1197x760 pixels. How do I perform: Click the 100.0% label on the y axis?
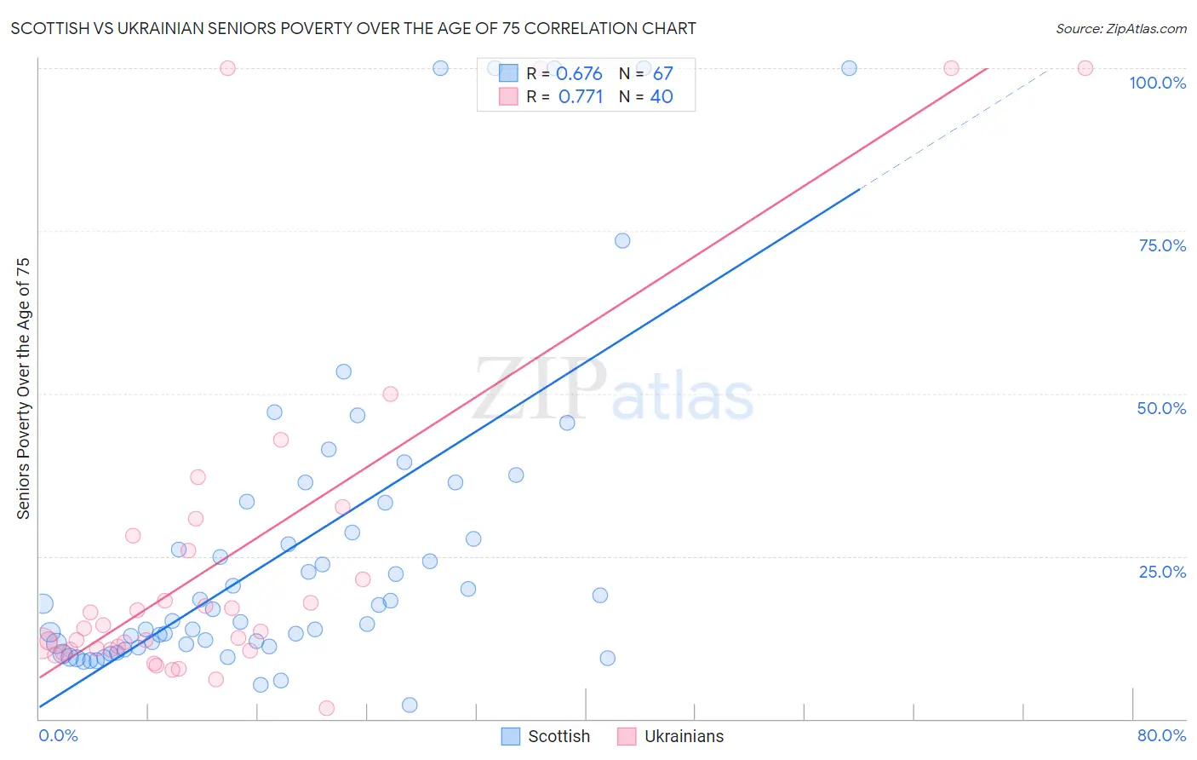pyautogui.click(x=1157, y=83)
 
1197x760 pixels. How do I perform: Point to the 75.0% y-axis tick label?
pyautogui.click(x=1161, y=245)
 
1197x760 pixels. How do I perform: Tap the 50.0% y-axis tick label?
pyautogui.click(x=1161, y=408)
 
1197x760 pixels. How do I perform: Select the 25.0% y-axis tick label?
pyautogui.click(x=1162, y=572)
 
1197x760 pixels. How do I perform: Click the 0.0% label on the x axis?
pyautogui.click(x=58, y=735)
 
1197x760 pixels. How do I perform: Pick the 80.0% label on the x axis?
pyautogui.click(x=1161, y=735)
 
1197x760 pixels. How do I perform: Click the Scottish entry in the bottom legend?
pyautogui.click(x=558, y=736)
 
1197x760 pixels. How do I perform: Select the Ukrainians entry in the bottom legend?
pyautogui.click(x=683, y=736)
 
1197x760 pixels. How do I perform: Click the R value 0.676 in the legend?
pyautogui.click(x=579, y=74)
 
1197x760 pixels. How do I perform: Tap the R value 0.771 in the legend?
pyautogui.click(x=581, y=97)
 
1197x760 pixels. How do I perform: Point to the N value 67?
pyautogui.click(x=662, y=74)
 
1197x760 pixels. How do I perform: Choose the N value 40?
pyautogui.click(x=661, y=97)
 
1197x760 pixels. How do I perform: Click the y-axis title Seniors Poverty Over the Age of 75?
pyautogui.click(x=24, y=388)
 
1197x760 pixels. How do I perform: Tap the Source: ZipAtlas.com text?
pyautogui.click(x=1120, y=28)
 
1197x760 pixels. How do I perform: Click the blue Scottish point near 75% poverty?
pyautogui.click(x=622, y=241)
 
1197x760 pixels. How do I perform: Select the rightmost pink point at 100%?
pyautogui.click(x=1085, y=68)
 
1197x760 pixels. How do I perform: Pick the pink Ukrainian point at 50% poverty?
pyautogui.click(x=390, y=394)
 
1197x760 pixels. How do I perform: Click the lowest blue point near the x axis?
pyautogui.click(x=409, y=705)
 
